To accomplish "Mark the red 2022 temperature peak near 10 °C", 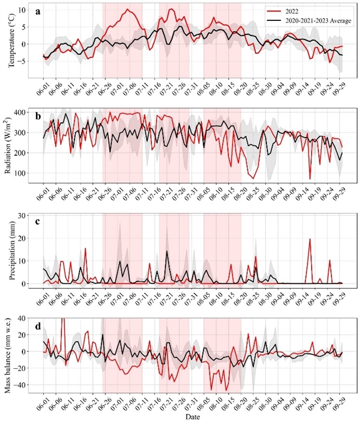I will coord(128,10).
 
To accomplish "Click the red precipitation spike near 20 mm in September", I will coord(309,239).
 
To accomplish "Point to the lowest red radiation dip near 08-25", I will coord(253,178).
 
